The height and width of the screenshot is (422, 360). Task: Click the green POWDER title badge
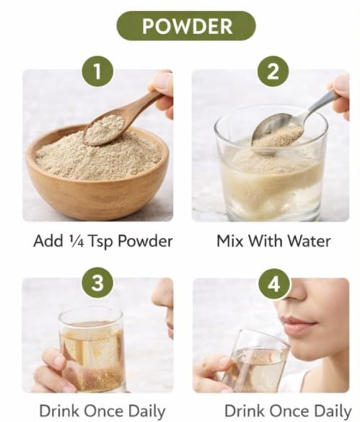[186, 26]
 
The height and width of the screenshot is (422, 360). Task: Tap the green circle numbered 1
[97, 71]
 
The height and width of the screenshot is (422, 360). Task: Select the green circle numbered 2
[273, 71]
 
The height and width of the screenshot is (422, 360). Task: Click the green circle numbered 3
[97, 283]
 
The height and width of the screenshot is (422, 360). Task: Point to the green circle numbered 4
[274, 284]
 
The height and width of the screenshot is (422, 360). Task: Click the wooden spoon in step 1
[121, 118]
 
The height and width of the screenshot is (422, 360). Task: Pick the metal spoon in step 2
[291, 124]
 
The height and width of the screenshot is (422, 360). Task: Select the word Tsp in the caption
[101, 242]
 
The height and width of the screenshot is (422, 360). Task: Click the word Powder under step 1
[145, 241]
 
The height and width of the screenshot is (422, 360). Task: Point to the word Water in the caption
[309, 241]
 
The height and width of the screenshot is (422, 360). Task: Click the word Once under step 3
[104, 411]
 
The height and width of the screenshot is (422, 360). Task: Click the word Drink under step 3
[60, 411]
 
